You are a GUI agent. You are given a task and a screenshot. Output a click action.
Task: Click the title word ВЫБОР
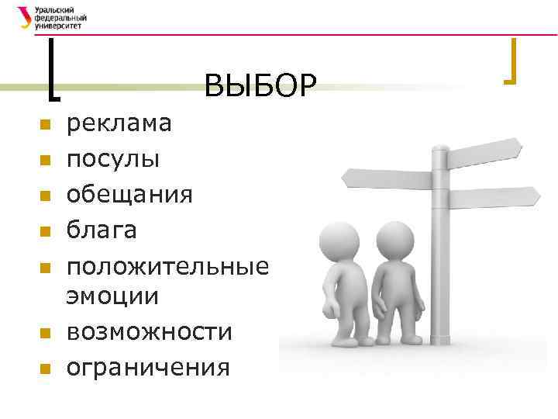tap(261, 85)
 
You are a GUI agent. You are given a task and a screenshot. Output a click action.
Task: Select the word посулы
tap(113, 159)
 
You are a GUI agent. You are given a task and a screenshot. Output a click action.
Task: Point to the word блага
tap(102, 230)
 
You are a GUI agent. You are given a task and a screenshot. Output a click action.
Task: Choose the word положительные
tap(167, 266)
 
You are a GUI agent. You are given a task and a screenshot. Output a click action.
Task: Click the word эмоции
tap(112, 296)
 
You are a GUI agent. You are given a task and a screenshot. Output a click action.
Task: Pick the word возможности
tap(149, 332)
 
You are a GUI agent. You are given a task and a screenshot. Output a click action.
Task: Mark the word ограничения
tap(148, 367)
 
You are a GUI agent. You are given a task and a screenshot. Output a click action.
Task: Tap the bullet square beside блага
tap(45, 232)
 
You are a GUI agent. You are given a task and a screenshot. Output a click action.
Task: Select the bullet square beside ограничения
tap(45, 369)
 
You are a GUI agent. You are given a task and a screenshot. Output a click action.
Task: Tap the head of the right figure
tap(394, 238)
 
